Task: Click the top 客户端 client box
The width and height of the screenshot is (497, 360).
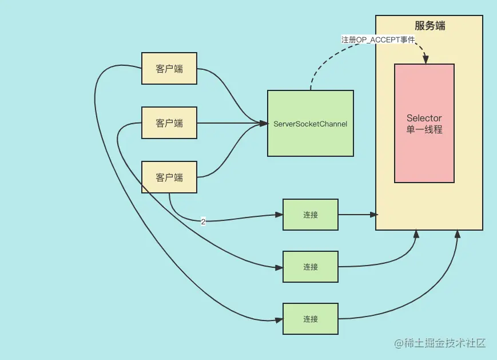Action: pyautogui.click(x=169, y=69)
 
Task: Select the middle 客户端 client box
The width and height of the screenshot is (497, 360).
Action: pyautogui.click(x=169, y=123)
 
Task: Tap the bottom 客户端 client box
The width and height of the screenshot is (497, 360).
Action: pyautogui.click(x=169, y=177)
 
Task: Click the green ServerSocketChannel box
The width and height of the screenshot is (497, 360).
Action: pyautogui.click(x=310, y=123)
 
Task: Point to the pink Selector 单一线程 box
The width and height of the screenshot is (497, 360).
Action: pyautogui.click(x=424, y=123)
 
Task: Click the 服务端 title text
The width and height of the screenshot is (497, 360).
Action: pyautogui.click(x=430, y=26)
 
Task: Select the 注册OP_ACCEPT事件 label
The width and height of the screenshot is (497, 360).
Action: pyautogui.click(x=378, y=39)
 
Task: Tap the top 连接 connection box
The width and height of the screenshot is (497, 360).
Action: pyautogui.click(x=311, y=215)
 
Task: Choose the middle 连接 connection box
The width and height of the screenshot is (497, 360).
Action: pyautogui.click(x=311, y=267)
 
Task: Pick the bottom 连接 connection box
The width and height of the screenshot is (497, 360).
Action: pyautogui.click(x=311, y=319)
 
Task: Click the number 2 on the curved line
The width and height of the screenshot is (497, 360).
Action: pyautogui.click(x=203, y=221)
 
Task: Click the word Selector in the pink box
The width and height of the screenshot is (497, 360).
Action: pyautogui.click(x=424, y=118)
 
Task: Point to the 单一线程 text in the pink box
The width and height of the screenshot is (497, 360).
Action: pyautogui.click(x=424, y=129)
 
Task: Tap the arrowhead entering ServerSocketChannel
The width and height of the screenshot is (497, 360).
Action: pyautogui.click(x=264, y=123)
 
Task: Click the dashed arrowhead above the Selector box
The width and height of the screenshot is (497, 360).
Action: pyautogui.click(x=425, y=60)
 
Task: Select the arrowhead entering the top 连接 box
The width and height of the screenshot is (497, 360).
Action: pyautogui.click(x=280, y=215)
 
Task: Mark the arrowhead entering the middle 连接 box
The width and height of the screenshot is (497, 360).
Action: pyautogui.click(x=280, y=267)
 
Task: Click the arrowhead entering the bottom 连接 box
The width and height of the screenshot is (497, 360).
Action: pyautogui.click(x=280, y=319)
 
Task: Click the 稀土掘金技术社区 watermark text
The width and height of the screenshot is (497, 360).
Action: pyautogui.click(x=439, y=343)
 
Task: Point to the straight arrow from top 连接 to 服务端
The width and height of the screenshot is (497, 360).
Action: pyautogui.click(x=357, y=215)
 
